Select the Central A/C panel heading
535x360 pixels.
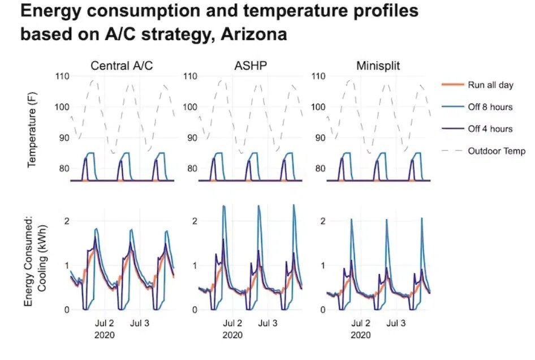point(122,66)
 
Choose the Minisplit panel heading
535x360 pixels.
point(378,66)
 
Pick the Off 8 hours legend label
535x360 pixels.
point(490,107)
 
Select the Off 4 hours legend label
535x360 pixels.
point(490,129)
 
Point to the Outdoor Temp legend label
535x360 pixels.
point(497,151)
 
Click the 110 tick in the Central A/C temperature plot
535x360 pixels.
point(61,76)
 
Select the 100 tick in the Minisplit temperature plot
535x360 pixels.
point(318,107)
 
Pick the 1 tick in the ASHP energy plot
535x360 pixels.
point(195,265)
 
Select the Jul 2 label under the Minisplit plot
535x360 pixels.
point(360,324)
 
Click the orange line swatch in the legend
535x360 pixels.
point(451,85)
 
